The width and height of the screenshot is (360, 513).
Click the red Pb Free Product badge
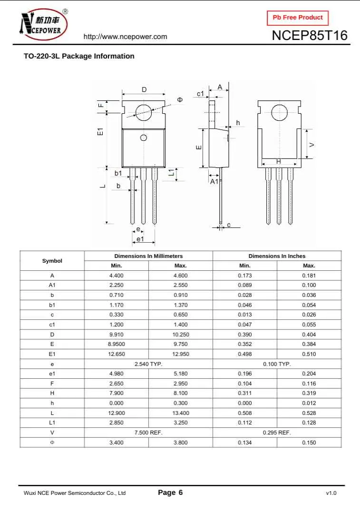(x=298, y=18)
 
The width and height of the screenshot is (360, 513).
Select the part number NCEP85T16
(x=310, y=36)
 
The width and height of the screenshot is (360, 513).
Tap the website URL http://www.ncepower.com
(x=125, y=37)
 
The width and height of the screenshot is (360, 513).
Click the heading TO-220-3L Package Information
(x=79, y=56)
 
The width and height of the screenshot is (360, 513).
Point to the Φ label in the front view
(x=180, y=99)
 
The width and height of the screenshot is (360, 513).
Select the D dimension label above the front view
(x=144, y=89)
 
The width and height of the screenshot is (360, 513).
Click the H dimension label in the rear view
(x=279, y=162)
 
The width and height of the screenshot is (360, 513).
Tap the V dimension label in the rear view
(x=311, y=144)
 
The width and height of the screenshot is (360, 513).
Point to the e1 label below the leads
(x=140, y=238)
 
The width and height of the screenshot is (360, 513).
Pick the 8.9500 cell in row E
(x=117, y=344)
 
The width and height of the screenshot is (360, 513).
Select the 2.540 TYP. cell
(x=148, y=364)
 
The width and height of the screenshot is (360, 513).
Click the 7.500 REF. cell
(x=148, y=433)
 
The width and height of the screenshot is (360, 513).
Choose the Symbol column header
(x=52, y=261)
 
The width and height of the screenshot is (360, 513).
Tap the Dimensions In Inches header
(x=277, y=256)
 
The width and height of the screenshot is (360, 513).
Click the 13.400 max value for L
(x=181, y=413)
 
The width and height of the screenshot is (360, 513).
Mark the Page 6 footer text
(x=170, y=493)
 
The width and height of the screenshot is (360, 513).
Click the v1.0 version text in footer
(x=331, y=493)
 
